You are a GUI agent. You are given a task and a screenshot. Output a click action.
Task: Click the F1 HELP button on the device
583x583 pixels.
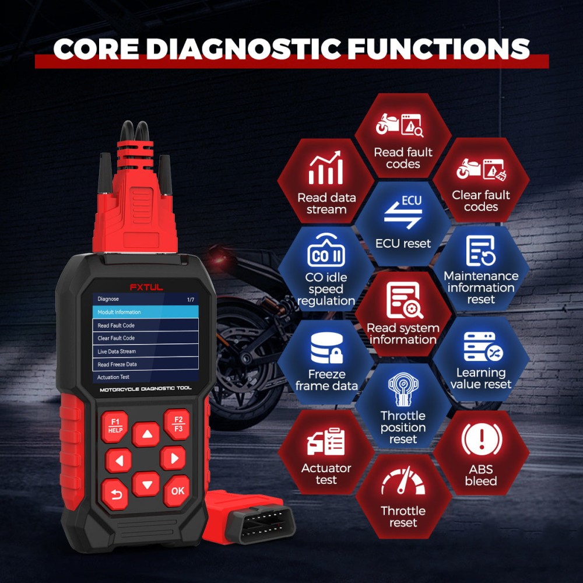115,425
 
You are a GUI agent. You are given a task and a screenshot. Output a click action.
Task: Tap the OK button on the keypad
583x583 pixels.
177,490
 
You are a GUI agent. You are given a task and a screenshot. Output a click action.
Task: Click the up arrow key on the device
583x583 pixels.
146,434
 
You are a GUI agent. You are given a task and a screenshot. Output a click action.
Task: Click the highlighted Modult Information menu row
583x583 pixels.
145,312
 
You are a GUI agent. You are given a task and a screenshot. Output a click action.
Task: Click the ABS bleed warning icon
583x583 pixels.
482,441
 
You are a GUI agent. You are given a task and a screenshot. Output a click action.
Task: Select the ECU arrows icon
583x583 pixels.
403,213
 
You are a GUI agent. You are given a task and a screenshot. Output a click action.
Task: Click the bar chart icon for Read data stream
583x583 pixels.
326,169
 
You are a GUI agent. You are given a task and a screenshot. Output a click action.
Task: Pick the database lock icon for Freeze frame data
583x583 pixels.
326,349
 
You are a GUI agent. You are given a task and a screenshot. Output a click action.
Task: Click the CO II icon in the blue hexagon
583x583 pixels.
326,253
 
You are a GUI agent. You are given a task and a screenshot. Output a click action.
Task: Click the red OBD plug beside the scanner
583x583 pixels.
248,517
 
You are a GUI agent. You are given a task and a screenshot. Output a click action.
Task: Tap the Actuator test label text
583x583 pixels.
326,474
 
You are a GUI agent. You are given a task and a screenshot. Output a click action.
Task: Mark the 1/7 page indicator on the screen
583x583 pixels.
191,299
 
